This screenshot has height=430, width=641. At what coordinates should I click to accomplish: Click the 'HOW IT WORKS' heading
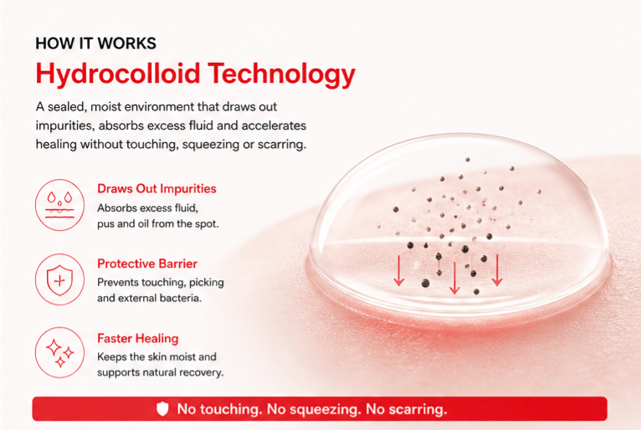(x=95, y=44)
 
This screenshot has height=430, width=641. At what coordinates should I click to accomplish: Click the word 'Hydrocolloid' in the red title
(x=117, y=74)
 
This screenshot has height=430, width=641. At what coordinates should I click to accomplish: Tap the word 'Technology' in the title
(x=282, y=74)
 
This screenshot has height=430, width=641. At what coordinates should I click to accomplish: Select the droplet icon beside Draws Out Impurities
(x=59, y=204)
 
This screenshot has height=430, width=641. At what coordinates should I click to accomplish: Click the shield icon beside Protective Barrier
(x=59, y=280)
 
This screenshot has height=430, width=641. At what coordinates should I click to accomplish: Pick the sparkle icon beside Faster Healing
(x=59, y=352)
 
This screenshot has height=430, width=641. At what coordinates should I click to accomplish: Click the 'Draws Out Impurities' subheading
(x=156, y=188)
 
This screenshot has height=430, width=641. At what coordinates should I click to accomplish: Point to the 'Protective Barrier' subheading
(x=147, y=264)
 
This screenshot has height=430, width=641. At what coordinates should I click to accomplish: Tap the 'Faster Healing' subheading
(x=138, y=339)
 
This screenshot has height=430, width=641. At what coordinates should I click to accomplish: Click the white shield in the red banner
(x=162, y=409)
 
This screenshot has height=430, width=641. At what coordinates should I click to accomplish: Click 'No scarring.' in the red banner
(x=407, y=409)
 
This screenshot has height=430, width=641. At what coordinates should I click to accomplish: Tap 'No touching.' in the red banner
(x=219, y=409)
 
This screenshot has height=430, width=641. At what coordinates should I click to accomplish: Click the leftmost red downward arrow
(x=399, y=270)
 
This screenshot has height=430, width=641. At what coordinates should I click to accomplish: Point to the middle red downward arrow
(x=454, y=278)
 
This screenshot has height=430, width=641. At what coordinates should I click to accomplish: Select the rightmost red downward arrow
(x=497, y=270)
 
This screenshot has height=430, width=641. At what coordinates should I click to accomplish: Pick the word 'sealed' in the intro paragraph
(x=67, y=107)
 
